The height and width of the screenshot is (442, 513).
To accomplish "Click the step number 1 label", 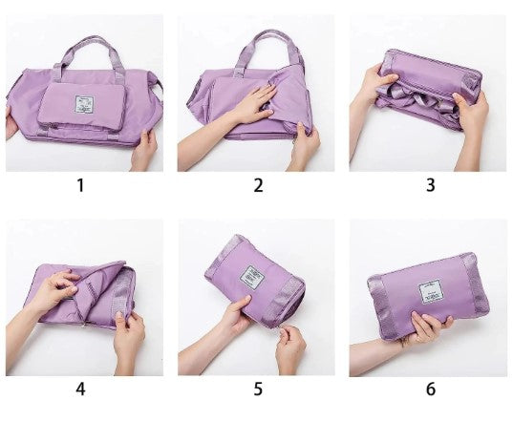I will point(80,186).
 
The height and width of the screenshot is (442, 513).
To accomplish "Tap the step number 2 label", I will point(257,186).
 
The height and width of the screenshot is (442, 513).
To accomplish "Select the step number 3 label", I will point(430,186).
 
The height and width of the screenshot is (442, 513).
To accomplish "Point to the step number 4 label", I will point(80,389).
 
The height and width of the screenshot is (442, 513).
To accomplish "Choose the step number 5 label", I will point(257,389).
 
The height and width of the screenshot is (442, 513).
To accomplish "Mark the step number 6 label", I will point(430,389).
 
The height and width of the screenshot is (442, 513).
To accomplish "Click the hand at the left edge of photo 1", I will point(12,124).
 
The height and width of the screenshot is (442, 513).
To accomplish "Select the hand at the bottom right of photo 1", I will point(143,148).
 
